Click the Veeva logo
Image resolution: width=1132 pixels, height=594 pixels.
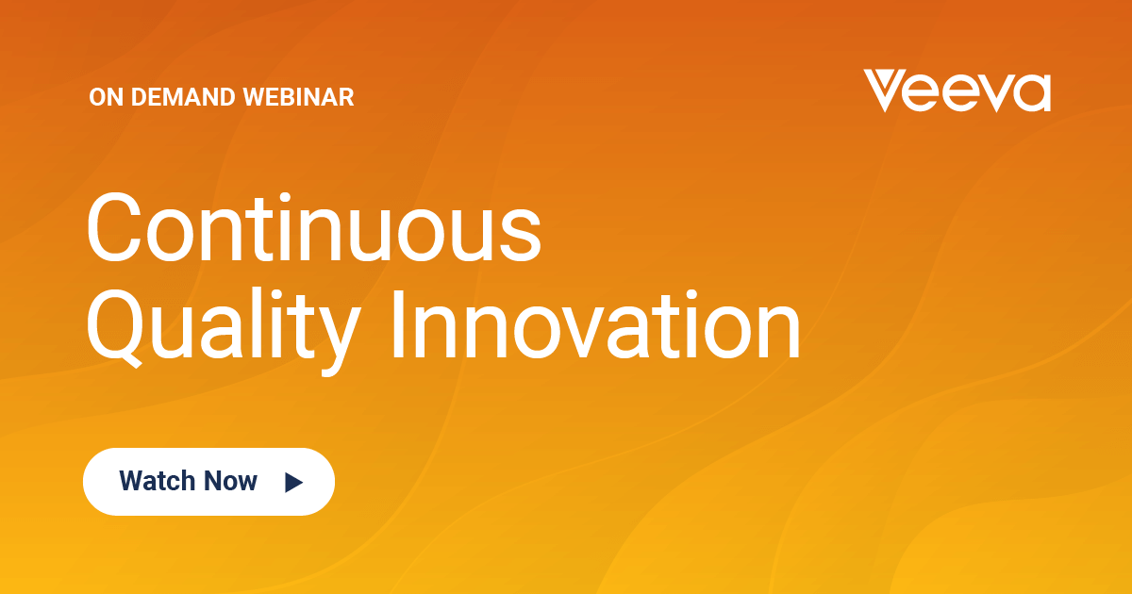coord(957,91)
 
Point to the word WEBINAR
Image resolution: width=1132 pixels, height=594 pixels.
coord(298,97)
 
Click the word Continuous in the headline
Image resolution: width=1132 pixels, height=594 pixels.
coord(314,227)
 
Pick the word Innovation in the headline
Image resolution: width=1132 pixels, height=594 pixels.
coord(596,324)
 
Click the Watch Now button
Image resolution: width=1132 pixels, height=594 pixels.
coord(208,482)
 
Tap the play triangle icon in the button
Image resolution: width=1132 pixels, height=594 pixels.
coord(293,483)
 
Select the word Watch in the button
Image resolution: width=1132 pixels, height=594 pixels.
coord(158,480)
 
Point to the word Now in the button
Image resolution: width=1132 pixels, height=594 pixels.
coord(230,480)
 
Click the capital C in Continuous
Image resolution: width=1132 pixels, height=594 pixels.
coord(113,227)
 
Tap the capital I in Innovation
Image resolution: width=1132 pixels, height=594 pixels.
coord(398,324)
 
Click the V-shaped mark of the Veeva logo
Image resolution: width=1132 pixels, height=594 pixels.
coord(885,91)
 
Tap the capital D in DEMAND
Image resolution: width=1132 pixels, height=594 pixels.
coord(140,97)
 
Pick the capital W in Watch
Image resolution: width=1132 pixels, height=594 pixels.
coord(133,480)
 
